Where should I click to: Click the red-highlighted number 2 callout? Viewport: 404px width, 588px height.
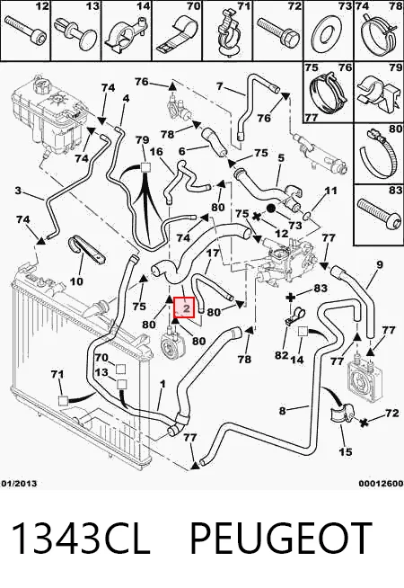pyautogui.click(x=185, y=307)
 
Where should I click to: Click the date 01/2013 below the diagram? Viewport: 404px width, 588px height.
pyautogui.click(x=19, y=484)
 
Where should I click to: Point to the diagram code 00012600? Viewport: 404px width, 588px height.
pyautogui.click(x=381, y=484)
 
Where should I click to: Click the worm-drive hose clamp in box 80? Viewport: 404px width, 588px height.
pyautogui.click(x=379, y=154)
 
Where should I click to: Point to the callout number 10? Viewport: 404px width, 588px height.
pyautogui.click(x=76, y=281)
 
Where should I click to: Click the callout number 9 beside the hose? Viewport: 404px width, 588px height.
pyautogui.click(x=379, y=264)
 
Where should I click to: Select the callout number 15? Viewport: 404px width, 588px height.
pyautogui.click(x=345, y=451)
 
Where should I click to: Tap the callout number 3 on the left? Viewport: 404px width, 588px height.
pyautogui.click(x=18, y=191)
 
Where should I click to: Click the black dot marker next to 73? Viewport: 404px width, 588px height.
pyautogui.click(x=271, y=209)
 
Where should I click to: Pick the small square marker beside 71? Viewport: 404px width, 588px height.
pyautogui.click(x=63, y=401)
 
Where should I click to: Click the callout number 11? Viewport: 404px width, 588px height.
pyautogui.click(x=330, y=191)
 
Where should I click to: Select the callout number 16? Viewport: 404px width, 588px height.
pyautogui.click(x=156, y=152)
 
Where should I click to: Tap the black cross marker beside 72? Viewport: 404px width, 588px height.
pyautogui.click(x=363, y=423)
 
